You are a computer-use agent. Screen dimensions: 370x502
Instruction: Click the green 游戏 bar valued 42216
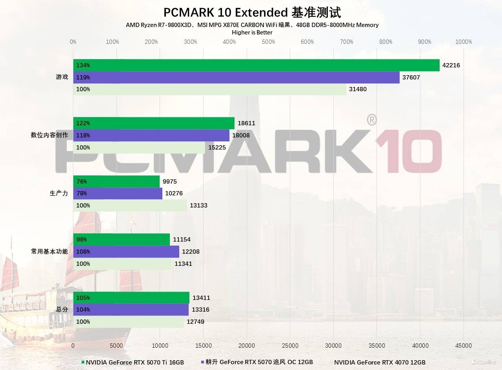(x=256, y=65)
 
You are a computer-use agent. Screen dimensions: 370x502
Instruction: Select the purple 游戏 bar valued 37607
(x=236, y=77)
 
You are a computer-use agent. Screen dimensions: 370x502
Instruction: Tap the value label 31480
(x=358, y=89)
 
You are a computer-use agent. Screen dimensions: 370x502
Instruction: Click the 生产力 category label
(x=59, y=193)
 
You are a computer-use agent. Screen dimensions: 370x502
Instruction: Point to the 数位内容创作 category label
(x=49, y=135)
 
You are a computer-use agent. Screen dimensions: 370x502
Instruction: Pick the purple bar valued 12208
(x=126, y=252)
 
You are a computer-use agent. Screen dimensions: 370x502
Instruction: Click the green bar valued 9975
(x=116, y=182)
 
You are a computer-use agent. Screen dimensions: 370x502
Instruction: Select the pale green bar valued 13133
(x=130, y=206)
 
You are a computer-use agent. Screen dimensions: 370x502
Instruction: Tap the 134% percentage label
(x=83, y=65)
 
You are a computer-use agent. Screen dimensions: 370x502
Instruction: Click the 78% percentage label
(x=82, y=193)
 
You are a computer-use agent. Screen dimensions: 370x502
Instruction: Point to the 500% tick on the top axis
(x=268, y=42)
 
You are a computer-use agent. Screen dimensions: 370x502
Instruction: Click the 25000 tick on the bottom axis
(x=290, y=346)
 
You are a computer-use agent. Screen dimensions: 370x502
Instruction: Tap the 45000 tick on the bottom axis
(x=463, y=346)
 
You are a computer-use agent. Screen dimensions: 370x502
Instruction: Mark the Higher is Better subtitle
(x=252, y=32)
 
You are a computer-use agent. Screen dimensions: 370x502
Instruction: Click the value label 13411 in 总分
(x=200, y=298)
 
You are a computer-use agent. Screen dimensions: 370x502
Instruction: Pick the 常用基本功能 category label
(x=49, y=252)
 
